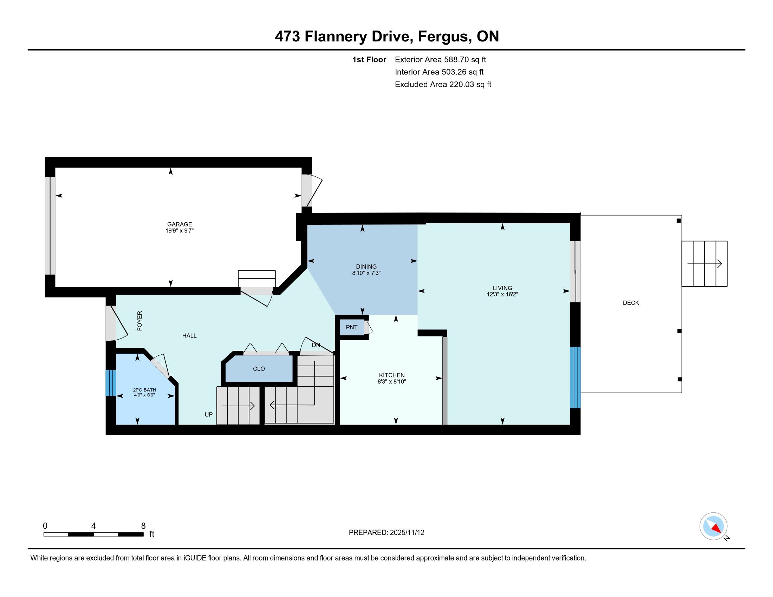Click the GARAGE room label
(x=180, y=224)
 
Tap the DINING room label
(x=366, y=267)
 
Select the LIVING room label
(x=502, y=288)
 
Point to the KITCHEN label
(x=392, y=375)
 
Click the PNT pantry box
(x=352, y=328)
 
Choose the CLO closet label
(x=259, y=369)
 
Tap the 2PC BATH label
(x=144, y=390)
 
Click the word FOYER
(x=140, y=321)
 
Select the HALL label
(x=189, y=336)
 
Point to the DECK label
(x=631, y=303)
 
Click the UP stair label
(x=208, y=414)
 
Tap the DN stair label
(x=316, y=345)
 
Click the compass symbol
(x=714, y=526)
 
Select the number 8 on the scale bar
(x=143, y=526)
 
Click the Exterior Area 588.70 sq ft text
(x=440, y=59)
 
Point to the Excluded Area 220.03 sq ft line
(x=443, y=84)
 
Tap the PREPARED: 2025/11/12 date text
(x=386, y=533)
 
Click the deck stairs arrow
(x=705, y=264)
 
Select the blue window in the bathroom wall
(x=111, y=383)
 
